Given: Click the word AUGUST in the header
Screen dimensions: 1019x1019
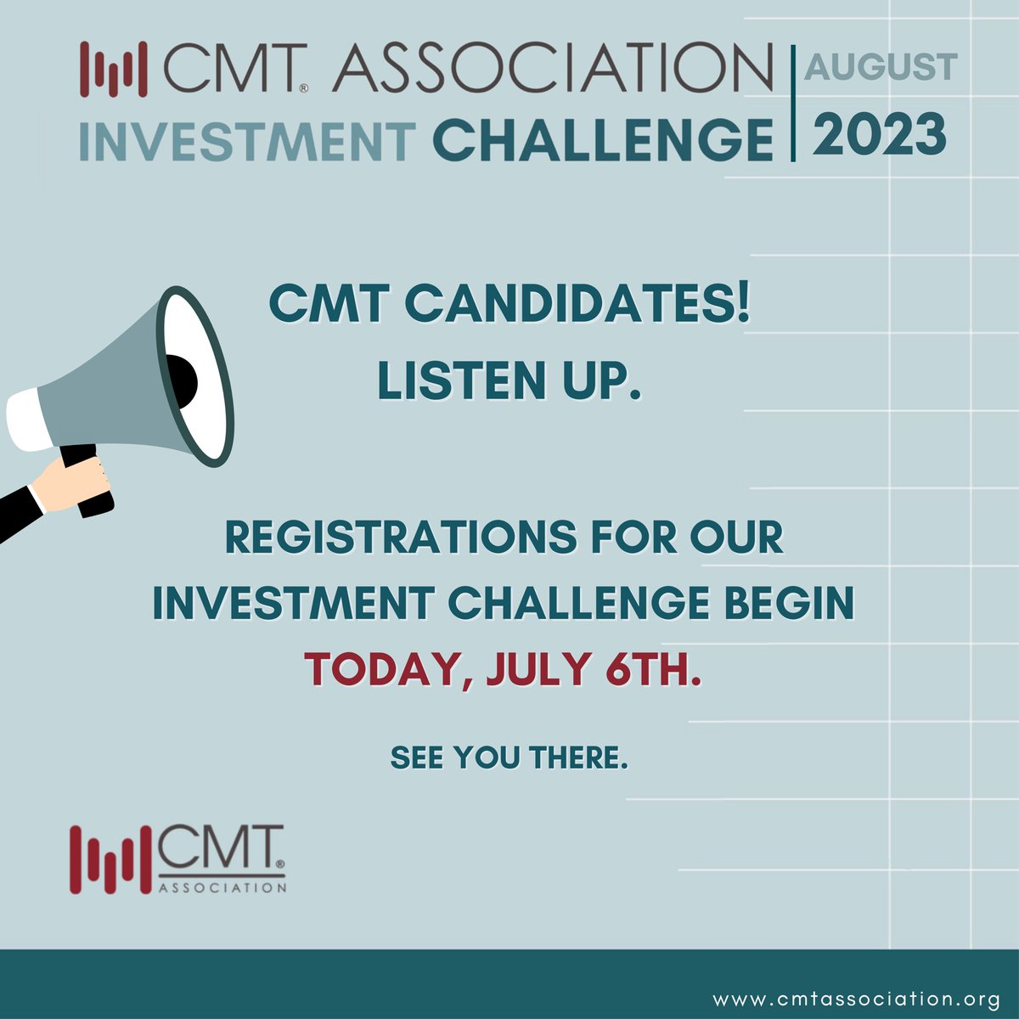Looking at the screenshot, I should point(881,67).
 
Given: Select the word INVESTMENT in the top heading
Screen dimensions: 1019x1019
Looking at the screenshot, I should point(247,141).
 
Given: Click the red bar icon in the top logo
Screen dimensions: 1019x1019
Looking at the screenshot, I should point(110,67).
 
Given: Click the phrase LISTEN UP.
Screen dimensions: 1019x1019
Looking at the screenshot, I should point(508,381).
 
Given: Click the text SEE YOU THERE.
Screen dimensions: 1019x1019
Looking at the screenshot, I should point(509,757).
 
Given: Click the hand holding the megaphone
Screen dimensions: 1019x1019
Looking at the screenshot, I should point(77,481).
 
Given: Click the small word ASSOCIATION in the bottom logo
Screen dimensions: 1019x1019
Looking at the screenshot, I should point(222,888).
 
